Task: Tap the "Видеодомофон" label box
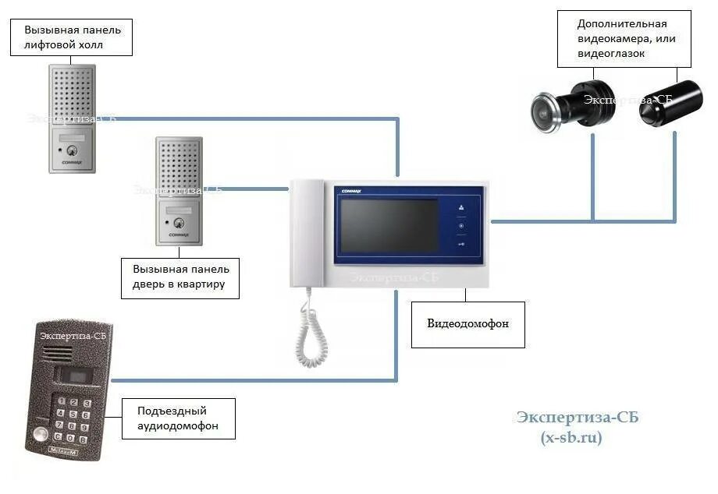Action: coord(467,323)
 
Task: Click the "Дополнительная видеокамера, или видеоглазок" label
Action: coord(624,38)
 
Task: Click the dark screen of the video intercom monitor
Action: coord(388,226)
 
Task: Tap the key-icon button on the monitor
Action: coord(461,245)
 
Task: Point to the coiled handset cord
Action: coord(312,331)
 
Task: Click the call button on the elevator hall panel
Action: coord(72,150)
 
